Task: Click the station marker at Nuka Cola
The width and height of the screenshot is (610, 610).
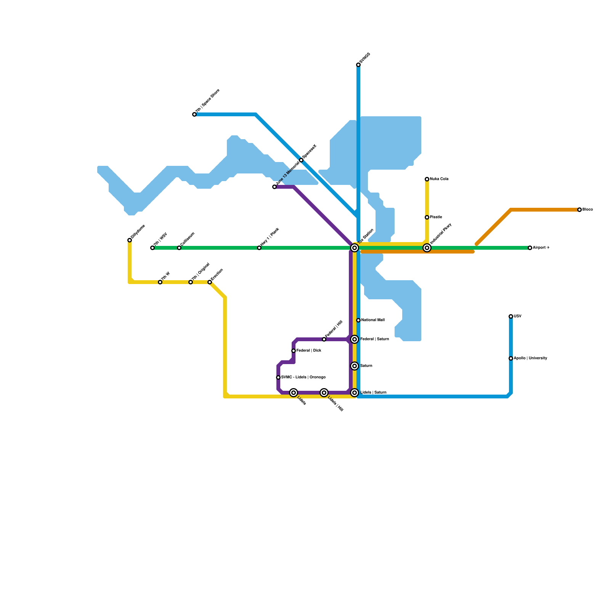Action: click(427, 179)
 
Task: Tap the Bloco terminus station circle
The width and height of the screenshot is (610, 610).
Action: click(579, 210)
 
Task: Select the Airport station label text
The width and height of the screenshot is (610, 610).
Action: click(541, 248)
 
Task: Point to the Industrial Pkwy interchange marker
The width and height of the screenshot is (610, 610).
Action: click(427, 248)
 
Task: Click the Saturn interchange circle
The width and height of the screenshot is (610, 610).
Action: click(355, 366)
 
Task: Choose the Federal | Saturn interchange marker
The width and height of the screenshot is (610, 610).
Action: click(355, 339)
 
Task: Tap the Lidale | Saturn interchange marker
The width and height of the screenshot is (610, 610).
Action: click(355, 393)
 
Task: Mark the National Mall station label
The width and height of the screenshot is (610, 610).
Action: click(373, 320)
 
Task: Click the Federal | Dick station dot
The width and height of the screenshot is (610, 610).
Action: click(294, 351)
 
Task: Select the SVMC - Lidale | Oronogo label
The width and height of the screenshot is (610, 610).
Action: click(303, 377)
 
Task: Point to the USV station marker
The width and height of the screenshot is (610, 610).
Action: click(511, 316)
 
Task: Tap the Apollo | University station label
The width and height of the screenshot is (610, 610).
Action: click(530, 358)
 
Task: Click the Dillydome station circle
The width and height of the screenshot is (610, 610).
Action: click(130, 240)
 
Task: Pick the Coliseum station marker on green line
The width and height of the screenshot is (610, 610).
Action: click(179, 248)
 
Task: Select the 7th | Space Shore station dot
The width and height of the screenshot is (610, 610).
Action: click(194, 114)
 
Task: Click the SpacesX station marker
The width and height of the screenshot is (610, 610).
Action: click(301, 160)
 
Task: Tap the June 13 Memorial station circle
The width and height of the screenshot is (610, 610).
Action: click(274, 187)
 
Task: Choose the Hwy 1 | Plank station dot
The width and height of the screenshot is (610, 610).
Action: click(259, 248)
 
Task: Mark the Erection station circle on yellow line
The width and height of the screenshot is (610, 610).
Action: click(210, 282)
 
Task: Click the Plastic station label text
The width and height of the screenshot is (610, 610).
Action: click(436, 217)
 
